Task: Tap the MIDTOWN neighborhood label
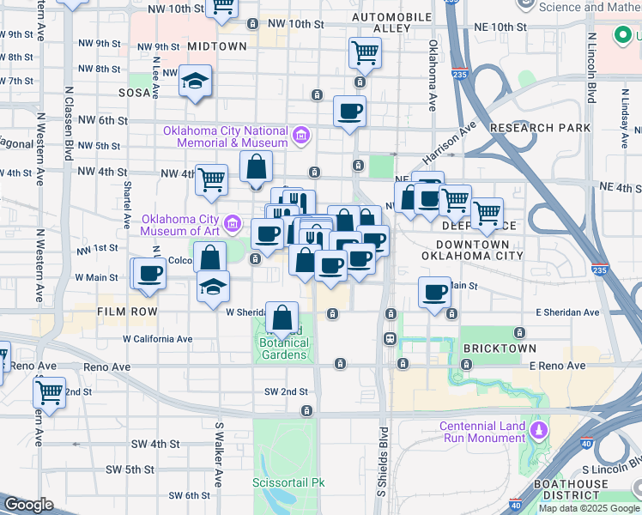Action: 216,46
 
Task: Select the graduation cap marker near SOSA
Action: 196,82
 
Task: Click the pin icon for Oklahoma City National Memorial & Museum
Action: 300,136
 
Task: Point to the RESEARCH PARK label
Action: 540,128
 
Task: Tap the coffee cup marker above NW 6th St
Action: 349,112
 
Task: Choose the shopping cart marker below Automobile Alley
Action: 365,54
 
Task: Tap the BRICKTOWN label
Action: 500,348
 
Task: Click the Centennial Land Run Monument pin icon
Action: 538,428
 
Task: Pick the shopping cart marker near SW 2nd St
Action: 50,392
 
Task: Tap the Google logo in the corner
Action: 29,505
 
